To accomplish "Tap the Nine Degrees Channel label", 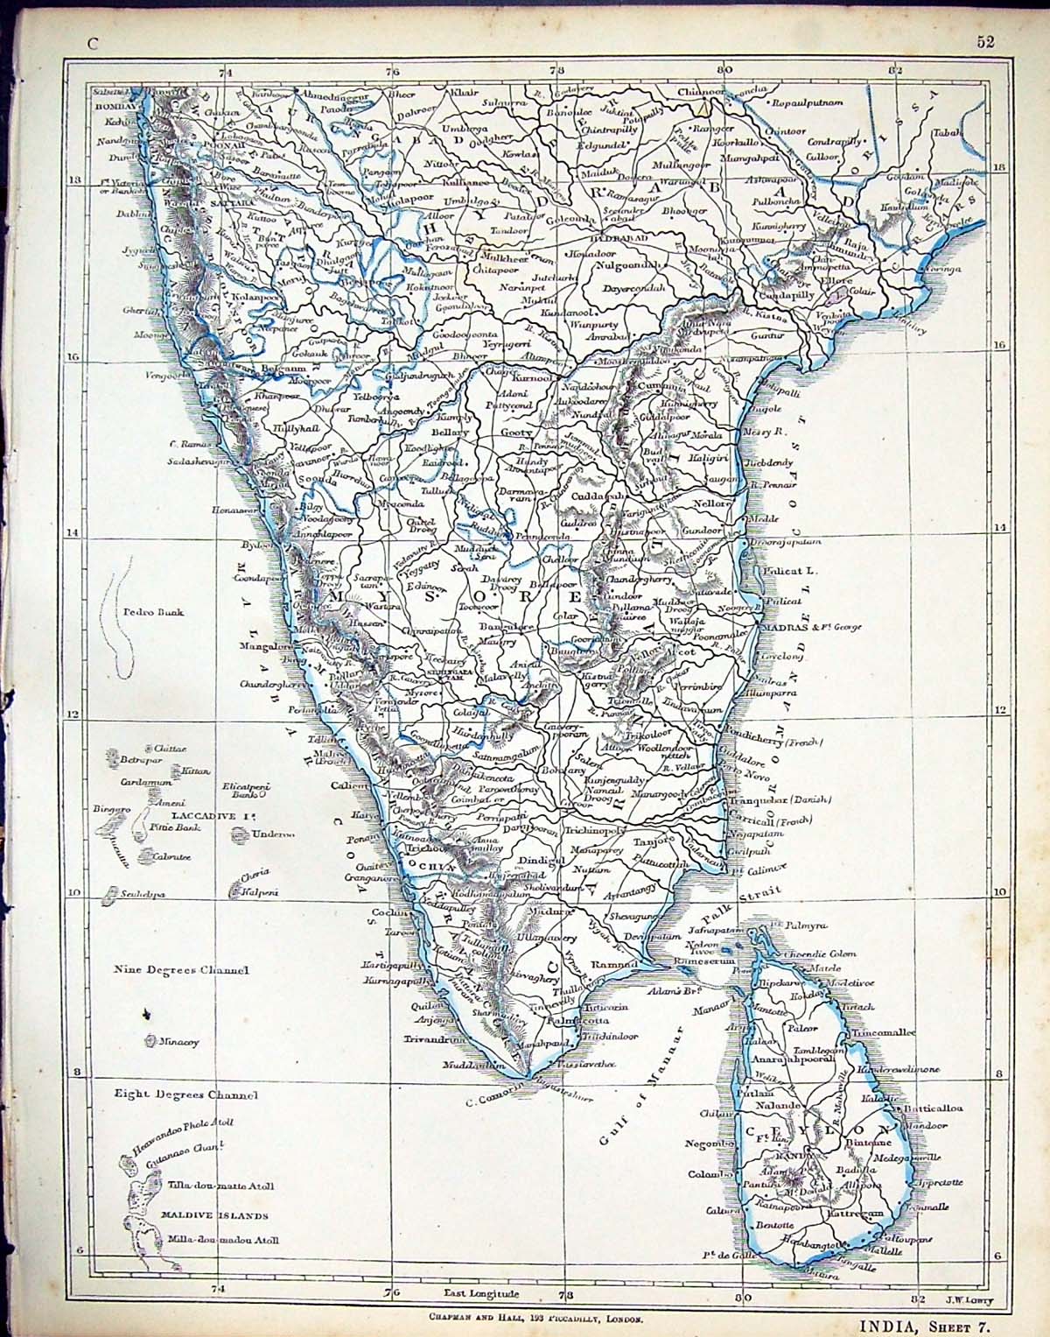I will tap(181, 970).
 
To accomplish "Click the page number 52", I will tap(985, 44).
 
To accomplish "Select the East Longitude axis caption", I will tap(481, 1294).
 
